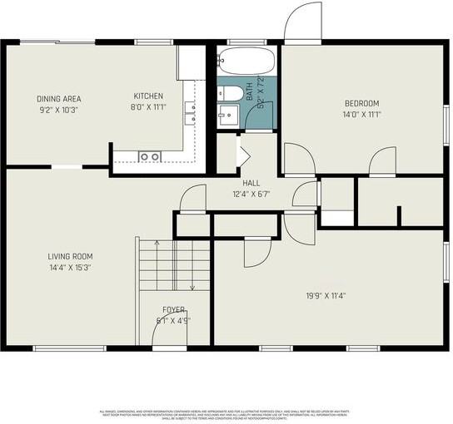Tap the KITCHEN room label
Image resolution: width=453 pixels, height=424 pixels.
[x=148, y=96]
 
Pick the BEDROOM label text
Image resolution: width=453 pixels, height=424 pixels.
[x=362, y=104]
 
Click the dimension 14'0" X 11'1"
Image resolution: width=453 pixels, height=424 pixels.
[x=362, y=115]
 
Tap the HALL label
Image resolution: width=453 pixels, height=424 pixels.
[x=251, y=183]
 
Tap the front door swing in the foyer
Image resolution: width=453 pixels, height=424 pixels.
[x=169, y=333]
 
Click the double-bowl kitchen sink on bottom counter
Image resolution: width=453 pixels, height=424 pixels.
[x=150, y=155]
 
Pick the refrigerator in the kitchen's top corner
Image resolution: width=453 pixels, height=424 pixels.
[x=190, y=62]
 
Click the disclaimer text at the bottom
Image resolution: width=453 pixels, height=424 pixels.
[x=226, y=414]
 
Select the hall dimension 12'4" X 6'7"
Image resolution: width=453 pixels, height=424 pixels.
[x=251, y=194]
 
